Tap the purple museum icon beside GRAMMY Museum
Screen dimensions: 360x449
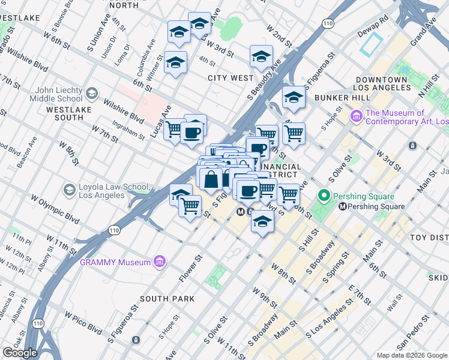[160, 261]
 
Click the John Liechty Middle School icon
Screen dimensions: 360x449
[92, 94]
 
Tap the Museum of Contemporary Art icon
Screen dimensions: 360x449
[356, 115]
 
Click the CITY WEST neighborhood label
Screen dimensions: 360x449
[231, 78]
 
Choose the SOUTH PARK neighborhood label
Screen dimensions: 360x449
[167, 298]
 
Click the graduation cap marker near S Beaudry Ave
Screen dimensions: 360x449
[261, 57]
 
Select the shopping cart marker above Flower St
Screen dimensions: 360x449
[190, 206]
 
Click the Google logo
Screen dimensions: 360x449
[20, 353]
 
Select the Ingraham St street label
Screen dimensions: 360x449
[127, 132]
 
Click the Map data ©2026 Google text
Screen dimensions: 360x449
[412, 355]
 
